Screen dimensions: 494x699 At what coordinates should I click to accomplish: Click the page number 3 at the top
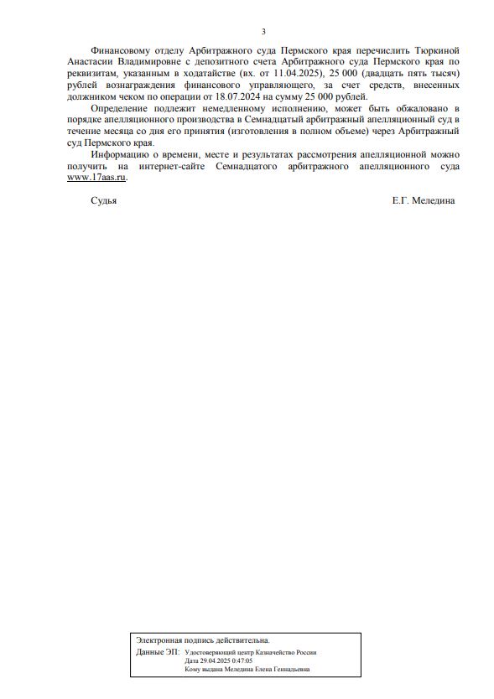[263, 32]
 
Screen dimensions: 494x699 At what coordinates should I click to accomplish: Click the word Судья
[103, 201]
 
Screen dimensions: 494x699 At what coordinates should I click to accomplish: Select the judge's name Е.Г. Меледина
[423, 201]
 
